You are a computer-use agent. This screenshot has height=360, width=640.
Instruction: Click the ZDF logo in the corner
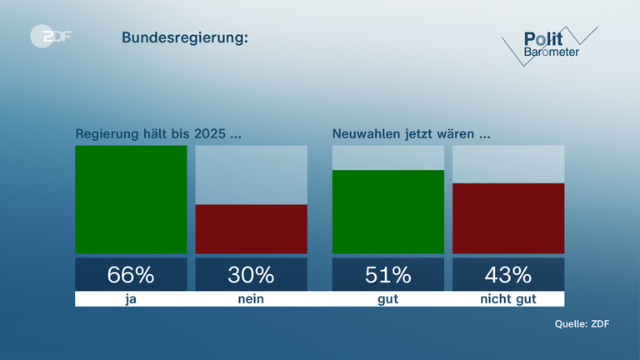tap(50, 36)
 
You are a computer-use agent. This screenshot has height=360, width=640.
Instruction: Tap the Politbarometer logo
tap(550, 45)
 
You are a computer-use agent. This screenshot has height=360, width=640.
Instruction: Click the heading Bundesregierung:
tap(185, 37)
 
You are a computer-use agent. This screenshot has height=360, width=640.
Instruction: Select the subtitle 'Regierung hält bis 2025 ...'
tap(158, 134)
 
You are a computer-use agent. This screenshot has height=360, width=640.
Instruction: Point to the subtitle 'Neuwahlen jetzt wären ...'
tap(410, 134)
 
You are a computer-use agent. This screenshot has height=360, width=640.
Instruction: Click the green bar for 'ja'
tap(131, 200)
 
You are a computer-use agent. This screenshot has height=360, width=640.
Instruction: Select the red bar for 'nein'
tap(251, 228)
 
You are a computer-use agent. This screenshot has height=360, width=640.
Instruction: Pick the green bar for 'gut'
tap(387, 212)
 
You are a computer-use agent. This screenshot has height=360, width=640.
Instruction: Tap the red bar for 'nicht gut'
tap(507, 218)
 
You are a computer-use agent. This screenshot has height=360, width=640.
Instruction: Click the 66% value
tap(131, 274)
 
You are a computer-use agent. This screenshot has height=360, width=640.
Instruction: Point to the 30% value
tap(251, 274)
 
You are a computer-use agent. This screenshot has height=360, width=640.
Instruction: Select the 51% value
tap(387, 274)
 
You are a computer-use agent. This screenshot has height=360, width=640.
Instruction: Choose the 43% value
tap(507, 274)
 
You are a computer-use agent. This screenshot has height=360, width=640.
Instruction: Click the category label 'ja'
tap(131, 298)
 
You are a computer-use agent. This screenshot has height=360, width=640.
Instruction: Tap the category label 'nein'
tap(251, 298)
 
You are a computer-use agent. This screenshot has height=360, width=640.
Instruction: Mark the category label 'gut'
tap(387, 298)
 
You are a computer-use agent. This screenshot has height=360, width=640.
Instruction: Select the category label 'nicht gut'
tap(507, 298)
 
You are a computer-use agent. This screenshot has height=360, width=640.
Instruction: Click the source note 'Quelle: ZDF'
tap(582, 324)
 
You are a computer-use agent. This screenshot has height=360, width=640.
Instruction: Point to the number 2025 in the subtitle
tap(209, 134)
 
